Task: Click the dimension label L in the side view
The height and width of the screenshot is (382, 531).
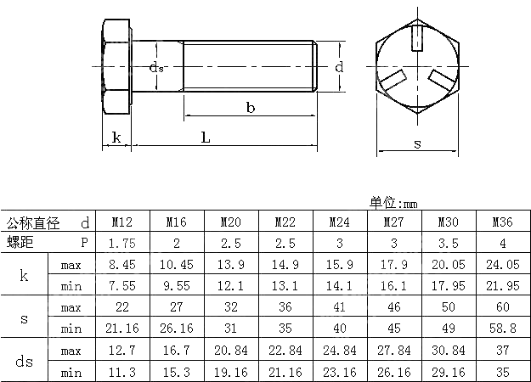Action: [205, 137]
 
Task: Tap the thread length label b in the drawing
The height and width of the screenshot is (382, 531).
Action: [251, 108]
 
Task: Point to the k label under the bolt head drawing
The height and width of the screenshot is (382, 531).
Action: [116, 137]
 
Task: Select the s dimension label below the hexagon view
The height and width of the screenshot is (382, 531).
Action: [417, 143]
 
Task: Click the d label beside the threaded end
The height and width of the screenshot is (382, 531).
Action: [339, 66]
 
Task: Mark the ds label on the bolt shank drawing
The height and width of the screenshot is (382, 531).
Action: [155, 67]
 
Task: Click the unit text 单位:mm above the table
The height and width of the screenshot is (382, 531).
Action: [394, 202]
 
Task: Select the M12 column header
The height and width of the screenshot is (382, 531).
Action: [122, 222]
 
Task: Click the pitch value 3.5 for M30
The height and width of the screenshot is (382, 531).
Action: [449, 244]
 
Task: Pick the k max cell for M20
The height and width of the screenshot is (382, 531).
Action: [231, 265]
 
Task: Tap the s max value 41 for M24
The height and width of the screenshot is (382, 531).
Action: [340, 307]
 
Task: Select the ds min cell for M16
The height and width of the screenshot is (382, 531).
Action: [177, 371]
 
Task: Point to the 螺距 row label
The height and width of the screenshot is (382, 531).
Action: [21, 244]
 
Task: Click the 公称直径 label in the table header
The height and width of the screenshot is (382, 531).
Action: [33, 223]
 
